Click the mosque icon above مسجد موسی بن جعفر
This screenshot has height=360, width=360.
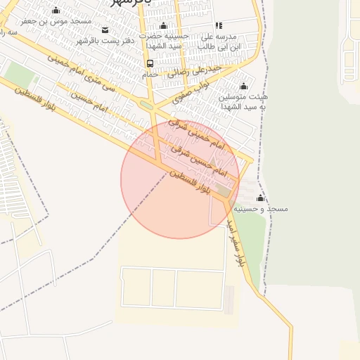click(x=56, y=11)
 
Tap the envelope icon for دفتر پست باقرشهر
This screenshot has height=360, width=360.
click(x=105, y=30)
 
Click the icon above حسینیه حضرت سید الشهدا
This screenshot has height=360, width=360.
click(x=164, y=26)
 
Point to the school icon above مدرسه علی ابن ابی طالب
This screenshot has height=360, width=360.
click(x=218, y=25)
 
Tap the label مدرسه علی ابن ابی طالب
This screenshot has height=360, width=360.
click(x=219, y=41)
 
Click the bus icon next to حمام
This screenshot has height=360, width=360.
click(x=150, y=63)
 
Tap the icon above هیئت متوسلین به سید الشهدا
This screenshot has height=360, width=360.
click(x=243, y=86)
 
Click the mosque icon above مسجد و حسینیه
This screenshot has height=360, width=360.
click(x=261, y=198)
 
